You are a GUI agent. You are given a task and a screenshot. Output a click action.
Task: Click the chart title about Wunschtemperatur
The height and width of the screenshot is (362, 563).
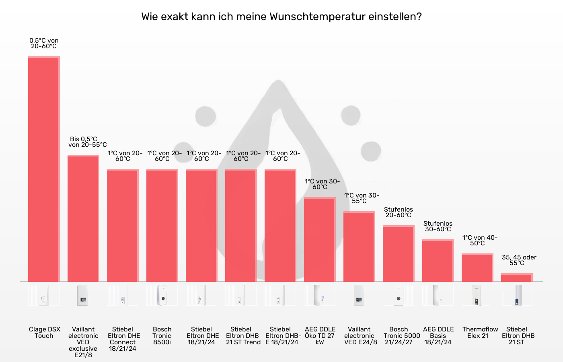(x=281, y=17)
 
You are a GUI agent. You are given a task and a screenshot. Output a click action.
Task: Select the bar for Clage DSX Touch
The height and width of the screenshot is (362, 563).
(x=44, y=169)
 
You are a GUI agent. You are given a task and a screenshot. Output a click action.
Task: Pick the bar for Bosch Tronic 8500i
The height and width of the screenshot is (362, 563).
(x=162, y=225)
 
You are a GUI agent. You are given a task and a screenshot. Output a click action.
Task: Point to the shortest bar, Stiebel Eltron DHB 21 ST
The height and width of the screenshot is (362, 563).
(x=517, y=278)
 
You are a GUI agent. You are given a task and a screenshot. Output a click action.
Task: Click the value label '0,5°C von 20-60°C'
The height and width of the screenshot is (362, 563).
(x=44, y=43)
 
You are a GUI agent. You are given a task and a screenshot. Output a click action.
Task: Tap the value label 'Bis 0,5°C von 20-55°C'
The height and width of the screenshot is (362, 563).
(x=87, y=142)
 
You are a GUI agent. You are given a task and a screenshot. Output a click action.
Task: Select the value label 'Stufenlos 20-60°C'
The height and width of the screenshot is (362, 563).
(x=398, y=212)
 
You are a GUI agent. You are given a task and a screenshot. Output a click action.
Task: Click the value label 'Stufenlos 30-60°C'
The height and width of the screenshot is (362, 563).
(x=438, y=226)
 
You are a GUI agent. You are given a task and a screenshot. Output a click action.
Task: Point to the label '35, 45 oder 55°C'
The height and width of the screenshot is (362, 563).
(x=519, y=260)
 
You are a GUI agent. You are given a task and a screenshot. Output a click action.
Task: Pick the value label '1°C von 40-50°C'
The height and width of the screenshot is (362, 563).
(x=479, y=241)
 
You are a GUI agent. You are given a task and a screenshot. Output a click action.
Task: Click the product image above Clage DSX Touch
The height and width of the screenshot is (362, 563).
(x=44, y=295)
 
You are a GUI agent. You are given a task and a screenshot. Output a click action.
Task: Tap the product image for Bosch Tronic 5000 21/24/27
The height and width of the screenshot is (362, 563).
(x=398, y=295)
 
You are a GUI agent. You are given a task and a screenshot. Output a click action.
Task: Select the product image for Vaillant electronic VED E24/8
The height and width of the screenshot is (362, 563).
(x=359, y=295)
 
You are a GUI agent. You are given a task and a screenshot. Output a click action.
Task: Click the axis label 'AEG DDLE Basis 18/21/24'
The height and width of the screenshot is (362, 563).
(x=438, y=335)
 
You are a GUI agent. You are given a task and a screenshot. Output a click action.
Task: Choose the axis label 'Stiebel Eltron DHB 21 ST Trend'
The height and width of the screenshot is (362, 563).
(x=242, y=335)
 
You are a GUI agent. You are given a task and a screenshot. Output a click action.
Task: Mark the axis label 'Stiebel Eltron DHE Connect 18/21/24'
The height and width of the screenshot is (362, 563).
(x=123, y=339)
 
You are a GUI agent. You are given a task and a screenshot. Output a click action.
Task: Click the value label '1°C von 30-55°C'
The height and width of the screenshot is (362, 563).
(x=361, y=198)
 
